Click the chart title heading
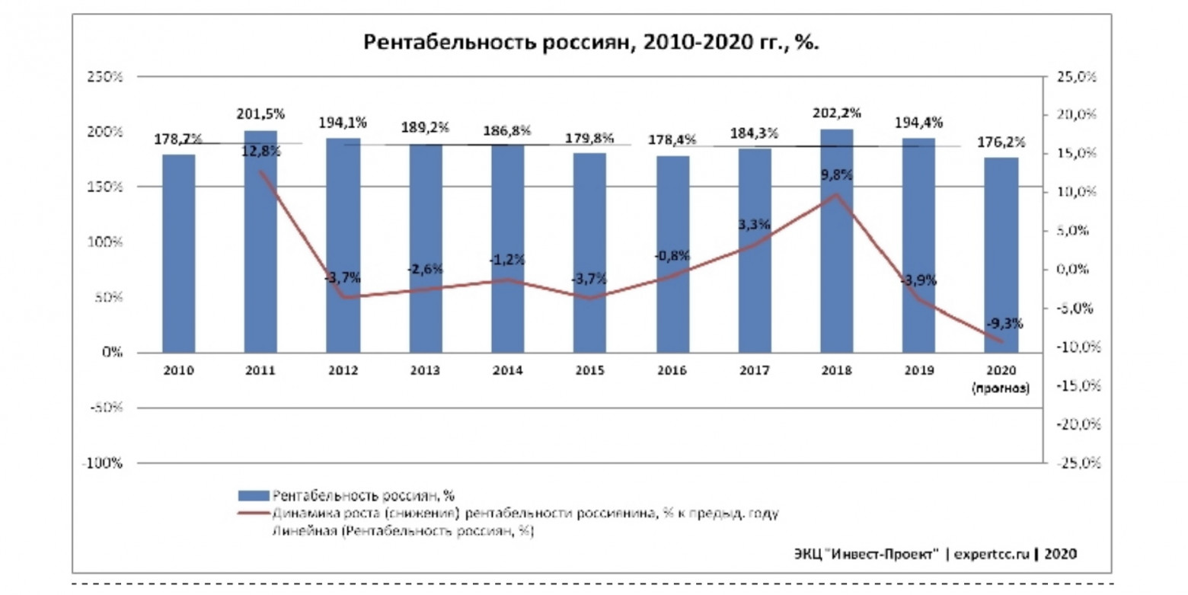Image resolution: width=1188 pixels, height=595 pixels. point(590,42)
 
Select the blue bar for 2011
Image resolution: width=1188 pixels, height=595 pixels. point(260,242)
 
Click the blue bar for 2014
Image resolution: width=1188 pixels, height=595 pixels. point(507,248)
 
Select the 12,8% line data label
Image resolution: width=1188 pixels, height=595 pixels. point(260,151)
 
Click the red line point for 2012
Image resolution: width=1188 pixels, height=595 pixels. point(343,296)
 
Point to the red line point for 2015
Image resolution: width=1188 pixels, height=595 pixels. point(589,297)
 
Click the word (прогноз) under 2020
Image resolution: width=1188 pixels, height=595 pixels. point(1000,388)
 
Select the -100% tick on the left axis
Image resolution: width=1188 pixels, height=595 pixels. point(104,463)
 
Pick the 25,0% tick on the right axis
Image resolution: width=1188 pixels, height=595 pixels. point(1075,77)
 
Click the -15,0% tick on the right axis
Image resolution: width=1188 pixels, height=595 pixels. point(1074,386)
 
